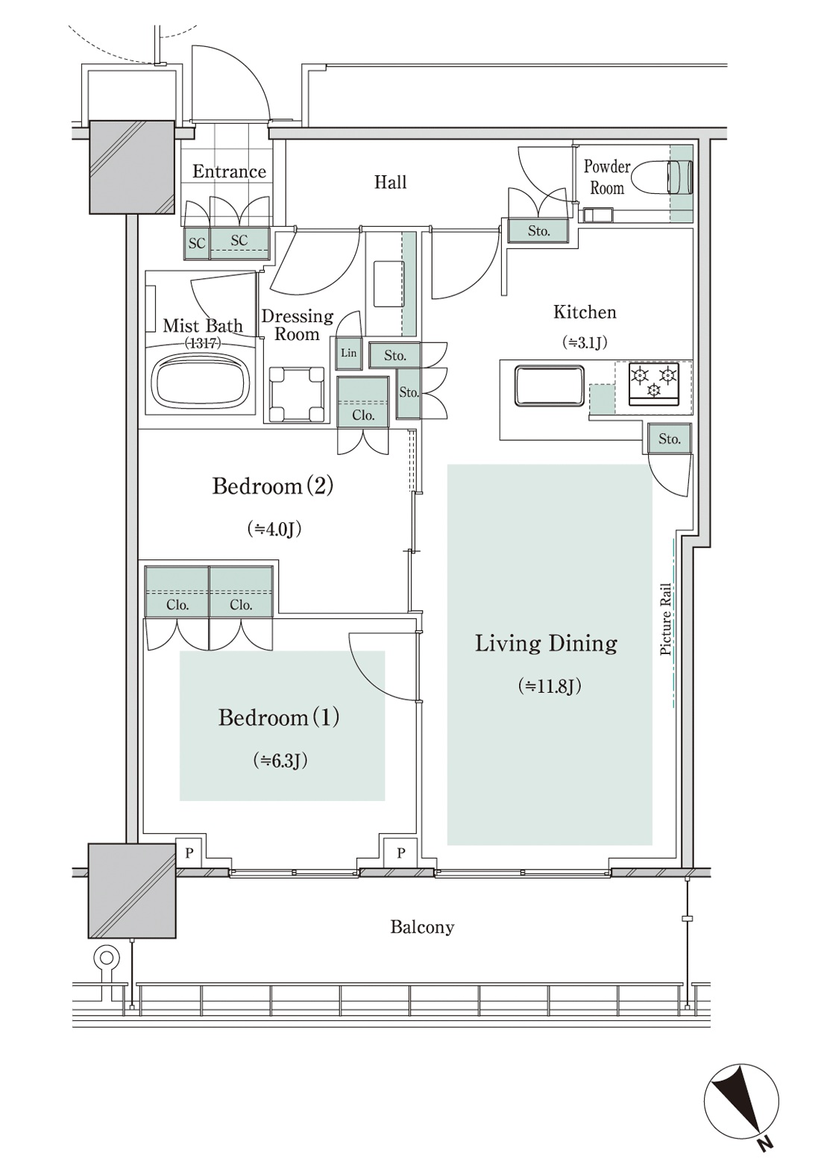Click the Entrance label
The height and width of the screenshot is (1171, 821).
(x=229, y=172)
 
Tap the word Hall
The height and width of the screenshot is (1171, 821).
(x=391, y=183)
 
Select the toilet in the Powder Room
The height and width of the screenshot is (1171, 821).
(x=662, y=177)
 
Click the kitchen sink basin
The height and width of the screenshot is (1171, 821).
(x=550, y=386)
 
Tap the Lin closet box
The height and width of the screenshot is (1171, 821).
(x=348, y=353)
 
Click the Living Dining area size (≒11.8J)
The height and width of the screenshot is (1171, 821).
(x=550, y=686)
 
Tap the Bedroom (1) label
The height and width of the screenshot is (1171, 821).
(x=279, y=718)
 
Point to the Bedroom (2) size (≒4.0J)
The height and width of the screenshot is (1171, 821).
(x=274, y=530)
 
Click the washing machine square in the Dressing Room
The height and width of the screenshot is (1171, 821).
(x=297, y=394)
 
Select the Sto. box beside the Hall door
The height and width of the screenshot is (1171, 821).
(x=538, y=230)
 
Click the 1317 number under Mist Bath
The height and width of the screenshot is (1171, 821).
(x=203, y=343)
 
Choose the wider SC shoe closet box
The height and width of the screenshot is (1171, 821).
(x=240, y=244)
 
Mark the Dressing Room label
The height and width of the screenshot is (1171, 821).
(x=297, y=325)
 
